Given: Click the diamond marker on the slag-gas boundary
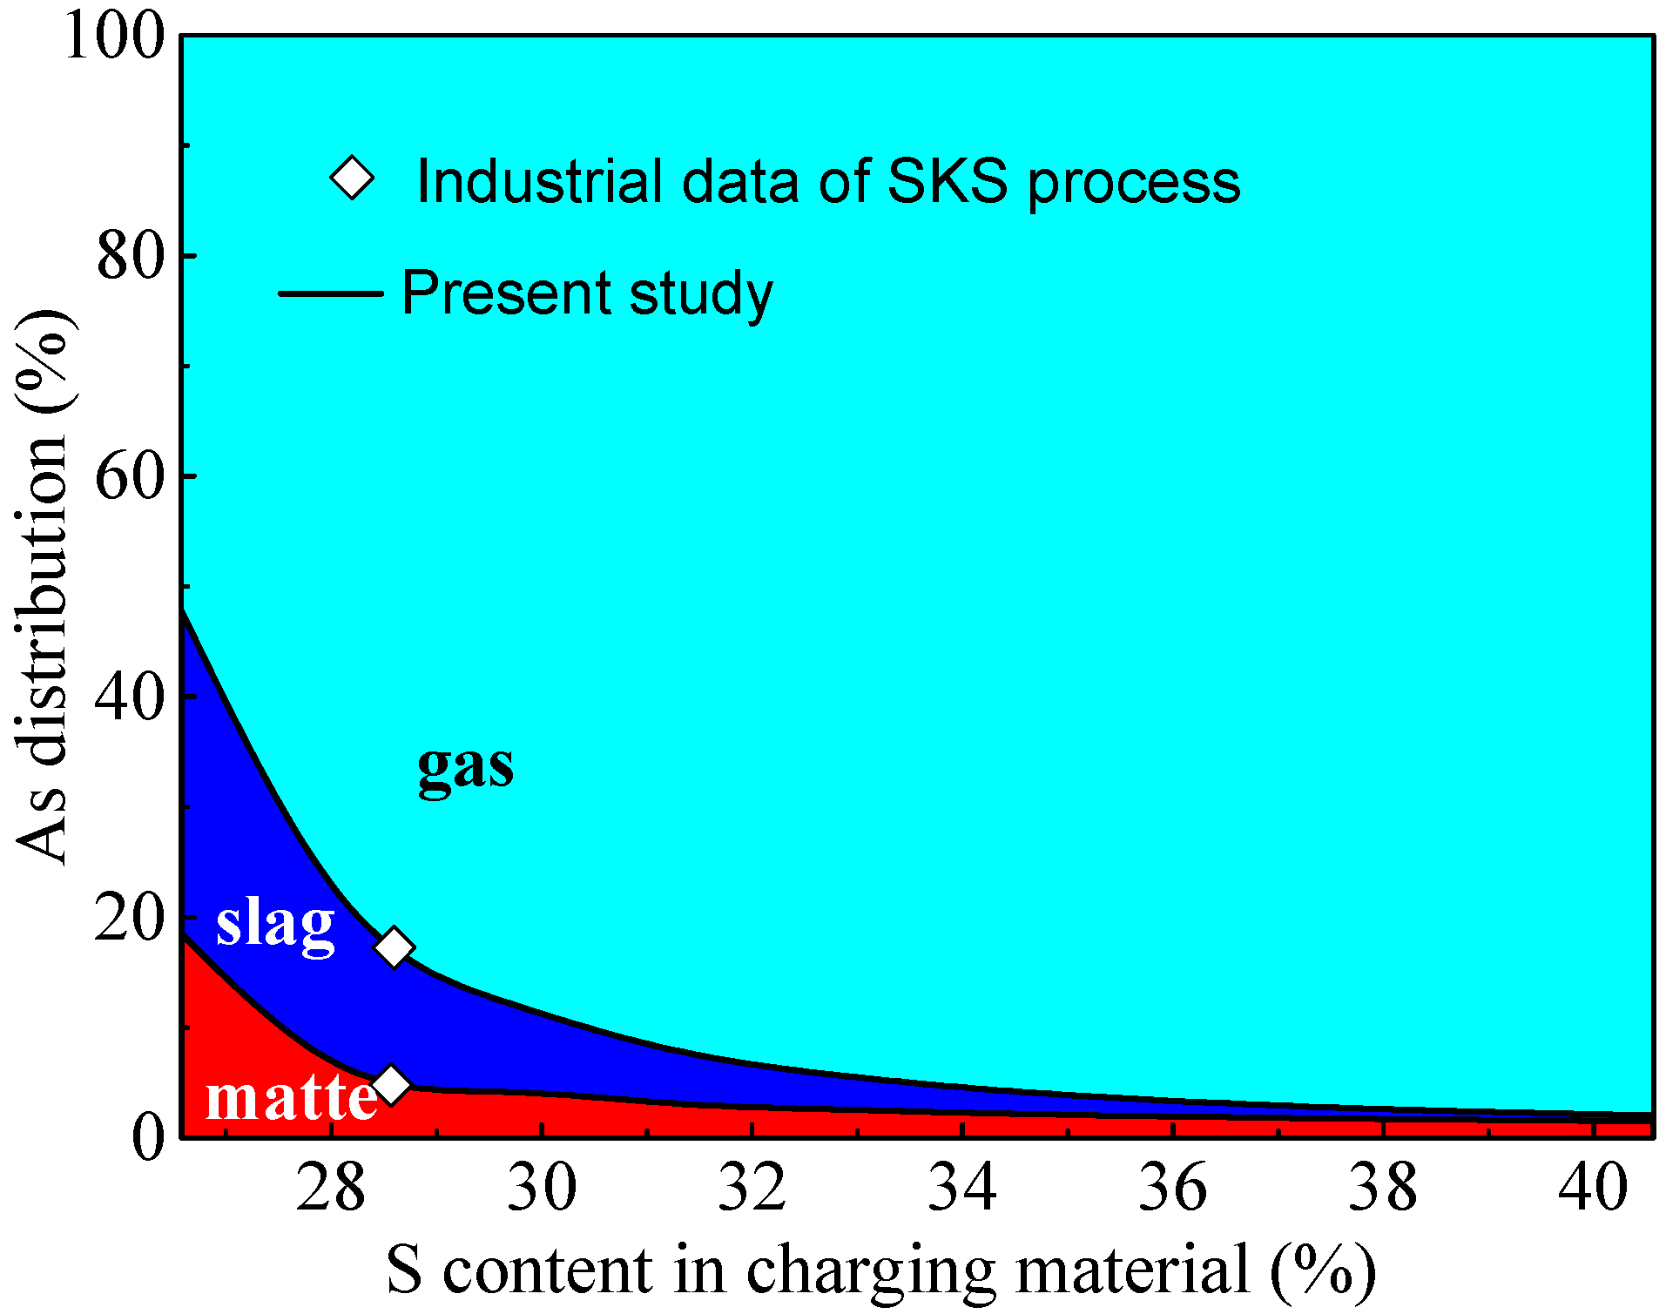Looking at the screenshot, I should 394,947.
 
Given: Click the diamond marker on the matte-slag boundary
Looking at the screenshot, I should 391,1085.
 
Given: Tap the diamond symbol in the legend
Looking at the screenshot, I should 353,179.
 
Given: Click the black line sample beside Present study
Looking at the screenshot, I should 331,293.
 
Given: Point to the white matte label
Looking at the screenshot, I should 291,1098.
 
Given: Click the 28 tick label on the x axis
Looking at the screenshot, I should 330,1187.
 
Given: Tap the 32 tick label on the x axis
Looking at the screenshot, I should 752,1187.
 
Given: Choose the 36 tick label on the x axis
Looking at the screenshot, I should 1172,1187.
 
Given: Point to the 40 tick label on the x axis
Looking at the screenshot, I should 1592,1187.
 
